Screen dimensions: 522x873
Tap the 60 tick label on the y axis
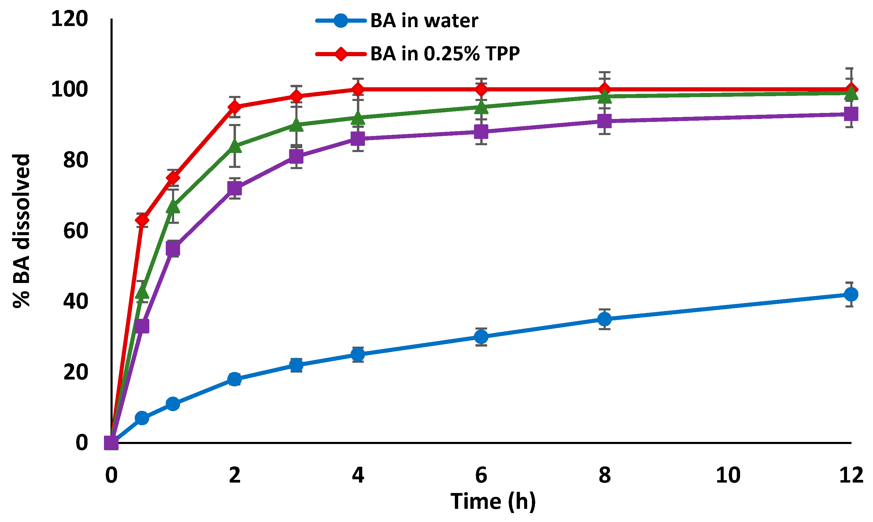[75, 231]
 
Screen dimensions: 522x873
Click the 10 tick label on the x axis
[728, 475]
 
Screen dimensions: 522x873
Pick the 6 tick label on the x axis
[481, 475]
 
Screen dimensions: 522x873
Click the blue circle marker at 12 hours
[851, 294]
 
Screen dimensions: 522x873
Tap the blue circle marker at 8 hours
[604, 319]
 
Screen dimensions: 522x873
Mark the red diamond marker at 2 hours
[234, 107]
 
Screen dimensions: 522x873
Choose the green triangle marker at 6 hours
[481, 107]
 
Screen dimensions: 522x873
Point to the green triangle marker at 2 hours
[234, 146]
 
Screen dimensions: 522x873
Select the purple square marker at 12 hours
[851, 114]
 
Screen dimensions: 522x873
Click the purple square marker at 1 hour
[173, 249]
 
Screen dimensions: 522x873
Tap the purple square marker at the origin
[111, 443]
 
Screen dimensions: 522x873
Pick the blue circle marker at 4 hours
[358, 354]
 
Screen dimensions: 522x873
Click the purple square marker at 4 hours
[358, 139]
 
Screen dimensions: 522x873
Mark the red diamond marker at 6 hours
[481, 89]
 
